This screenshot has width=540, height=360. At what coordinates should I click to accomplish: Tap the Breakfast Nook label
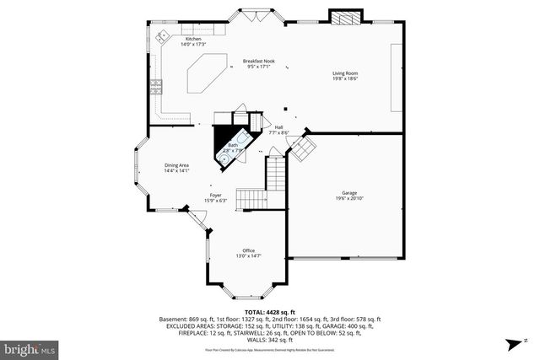(x=259, y=64)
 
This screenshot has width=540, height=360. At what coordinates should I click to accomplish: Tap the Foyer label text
(x=216, y=197)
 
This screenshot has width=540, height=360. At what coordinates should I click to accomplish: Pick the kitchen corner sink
(x=162, y=35)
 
